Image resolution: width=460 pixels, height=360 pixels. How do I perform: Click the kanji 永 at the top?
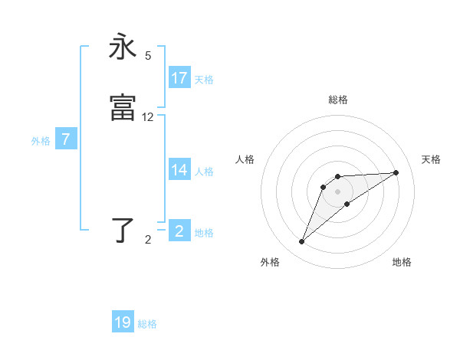tap(123, 47)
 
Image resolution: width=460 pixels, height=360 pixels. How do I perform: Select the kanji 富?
tap(123, 107)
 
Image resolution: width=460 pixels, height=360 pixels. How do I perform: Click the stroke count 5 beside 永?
tap(148, 56)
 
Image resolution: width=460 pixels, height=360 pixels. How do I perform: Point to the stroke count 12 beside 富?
tap(148, 117)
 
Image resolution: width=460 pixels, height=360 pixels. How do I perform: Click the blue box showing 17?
tap(179, 78)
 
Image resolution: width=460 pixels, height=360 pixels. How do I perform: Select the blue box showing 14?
tap(179, 170)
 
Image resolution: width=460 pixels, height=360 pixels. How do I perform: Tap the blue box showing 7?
tap(67, 139)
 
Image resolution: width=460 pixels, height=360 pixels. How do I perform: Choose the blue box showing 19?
tap(123, 322)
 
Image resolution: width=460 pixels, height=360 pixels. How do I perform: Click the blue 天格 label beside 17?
tap(204, 79)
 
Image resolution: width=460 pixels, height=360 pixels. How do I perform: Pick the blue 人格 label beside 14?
tap(204, 172)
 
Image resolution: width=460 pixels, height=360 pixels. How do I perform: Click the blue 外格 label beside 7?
tap(41, 141)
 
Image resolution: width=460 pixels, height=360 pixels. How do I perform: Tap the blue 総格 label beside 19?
tap(147, 324)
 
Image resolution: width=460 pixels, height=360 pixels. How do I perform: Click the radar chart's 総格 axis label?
tap(337, 100)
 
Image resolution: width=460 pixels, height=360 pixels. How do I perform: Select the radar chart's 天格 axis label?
tap(431, 159)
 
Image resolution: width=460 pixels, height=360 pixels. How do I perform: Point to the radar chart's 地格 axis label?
tap(402, 262)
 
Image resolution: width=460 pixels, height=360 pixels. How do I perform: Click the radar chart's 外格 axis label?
tap(270, 262)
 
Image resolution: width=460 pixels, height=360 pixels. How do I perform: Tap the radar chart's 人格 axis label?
tap(245, 159)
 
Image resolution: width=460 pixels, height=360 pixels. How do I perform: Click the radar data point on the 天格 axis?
tap(396, 172)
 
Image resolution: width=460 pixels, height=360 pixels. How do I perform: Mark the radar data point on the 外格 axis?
tap(302, 241)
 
